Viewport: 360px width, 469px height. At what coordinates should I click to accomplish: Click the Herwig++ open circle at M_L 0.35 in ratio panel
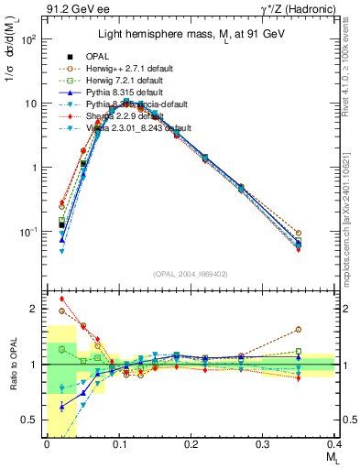pyautogui.click(x=299, y=329)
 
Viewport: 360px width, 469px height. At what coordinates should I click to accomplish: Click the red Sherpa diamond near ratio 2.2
pyautogui.click(x=61, y=299)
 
